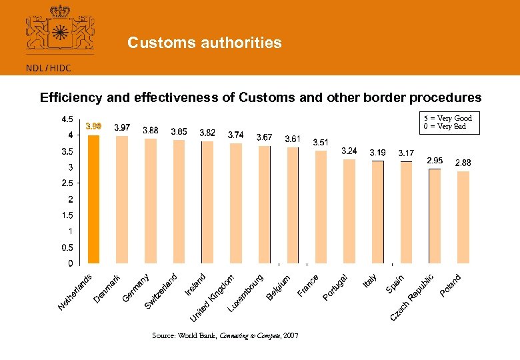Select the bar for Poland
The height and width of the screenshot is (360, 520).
pyautogui.click(x=463, y=217)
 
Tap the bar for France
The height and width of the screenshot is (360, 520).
pyautogui.click(x=321, y=207)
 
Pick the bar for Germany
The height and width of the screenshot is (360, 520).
pyautogui.click(x=150, y=201)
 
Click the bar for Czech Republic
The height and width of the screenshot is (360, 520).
pyautogui.click(x=434, y=216)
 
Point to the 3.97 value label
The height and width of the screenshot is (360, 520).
pyautogui.click(x=122, y=127)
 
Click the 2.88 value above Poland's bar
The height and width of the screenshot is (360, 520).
pyautogui.click(x=463, y=163)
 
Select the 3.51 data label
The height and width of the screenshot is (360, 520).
pyautogui.click(x=321, y=143)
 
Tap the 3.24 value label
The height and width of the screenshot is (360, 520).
pyautogui.click(x=349, y=151)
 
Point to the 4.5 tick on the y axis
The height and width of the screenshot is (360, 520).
pyautogui.click(x=67, y=120)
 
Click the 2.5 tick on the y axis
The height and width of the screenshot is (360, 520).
pyautogui.click(x=67, y=183)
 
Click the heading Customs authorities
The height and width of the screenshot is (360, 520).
pyautogui.click(x=205, y=43)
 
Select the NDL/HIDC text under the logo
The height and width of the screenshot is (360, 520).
pyautogui.click(x=49, y=67)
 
